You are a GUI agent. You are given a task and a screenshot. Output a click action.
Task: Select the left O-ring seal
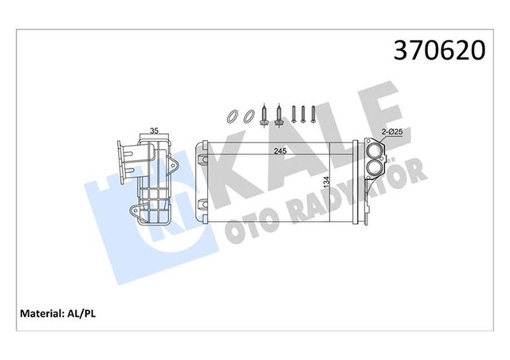tap(230, 116)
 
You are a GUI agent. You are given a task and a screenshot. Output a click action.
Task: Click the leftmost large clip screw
tap(264, 116)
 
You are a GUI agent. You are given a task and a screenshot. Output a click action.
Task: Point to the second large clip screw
tap(279, 116)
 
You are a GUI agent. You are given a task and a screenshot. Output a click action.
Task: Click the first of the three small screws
tap(293, 115)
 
